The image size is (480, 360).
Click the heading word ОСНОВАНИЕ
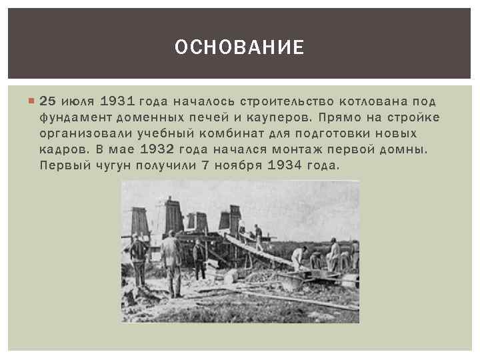[239, 47]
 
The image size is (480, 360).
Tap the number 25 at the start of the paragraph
[48, 101]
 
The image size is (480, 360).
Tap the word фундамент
[73, 118]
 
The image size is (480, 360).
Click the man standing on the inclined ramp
[258, 235]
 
